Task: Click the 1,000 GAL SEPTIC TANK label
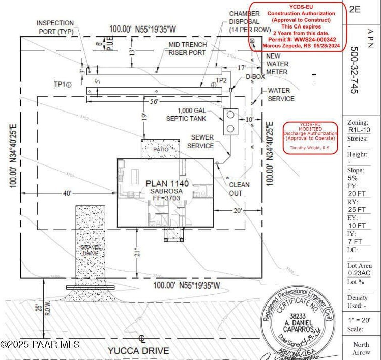[192, 115]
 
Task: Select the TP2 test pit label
[221, 80]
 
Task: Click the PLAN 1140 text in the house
[167, 183]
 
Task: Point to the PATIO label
[161, 150]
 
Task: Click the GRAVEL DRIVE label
[91, 250]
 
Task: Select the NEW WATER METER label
[277, 64]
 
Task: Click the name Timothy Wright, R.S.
[310, 148]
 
